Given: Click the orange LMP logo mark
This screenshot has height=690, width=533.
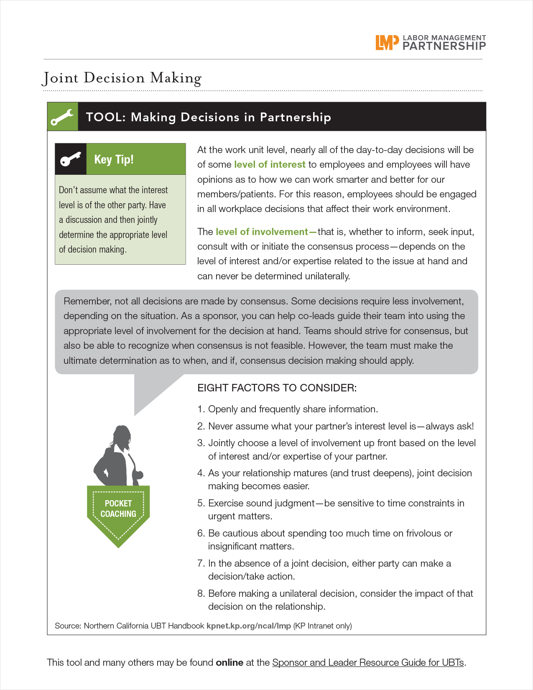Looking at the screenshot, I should pyautogui.click(x=387, y=42).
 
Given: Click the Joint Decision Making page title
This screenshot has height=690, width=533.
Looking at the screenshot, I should pyautogui.click(x=122, y=78).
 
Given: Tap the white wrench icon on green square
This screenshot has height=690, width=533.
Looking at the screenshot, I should pyautogui.click(x=62, y=117).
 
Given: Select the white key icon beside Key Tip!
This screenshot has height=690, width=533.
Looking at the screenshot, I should pyautogui.click(x=70, y=159).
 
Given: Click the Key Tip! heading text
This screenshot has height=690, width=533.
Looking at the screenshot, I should pyautogui.click(x=114, y=159).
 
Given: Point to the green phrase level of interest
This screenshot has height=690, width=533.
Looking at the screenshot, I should pyautogui.click(x=270, y=165).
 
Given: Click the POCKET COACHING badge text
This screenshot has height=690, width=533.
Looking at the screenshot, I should pyautogui.click(x=118, y=509).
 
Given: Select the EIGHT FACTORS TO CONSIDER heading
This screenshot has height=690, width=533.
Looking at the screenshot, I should pyautogui.click(x=277, y=388).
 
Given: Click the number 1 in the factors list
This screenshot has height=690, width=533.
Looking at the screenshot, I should pyautogui.click(x=200, y=409).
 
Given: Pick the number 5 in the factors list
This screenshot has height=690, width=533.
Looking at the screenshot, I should pyautogui.click(x=201, y=503).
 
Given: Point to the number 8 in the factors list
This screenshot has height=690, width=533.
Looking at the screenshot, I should pyautogui.click(x=201, y=593).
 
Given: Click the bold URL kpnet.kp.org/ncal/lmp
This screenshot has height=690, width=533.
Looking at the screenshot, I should pyautogui.click(x=248, y=626).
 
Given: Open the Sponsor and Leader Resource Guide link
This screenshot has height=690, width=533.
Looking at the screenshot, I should pyautogui.click(x=368, y=662).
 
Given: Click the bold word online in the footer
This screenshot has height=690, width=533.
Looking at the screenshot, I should pyautogui.click(x=230, y=662).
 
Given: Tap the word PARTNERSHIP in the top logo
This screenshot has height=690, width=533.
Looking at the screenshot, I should pyautogui.click(x=444, y=46).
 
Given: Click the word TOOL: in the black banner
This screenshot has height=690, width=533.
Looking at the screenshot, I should pyautogui.click(x=106, y=117).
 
